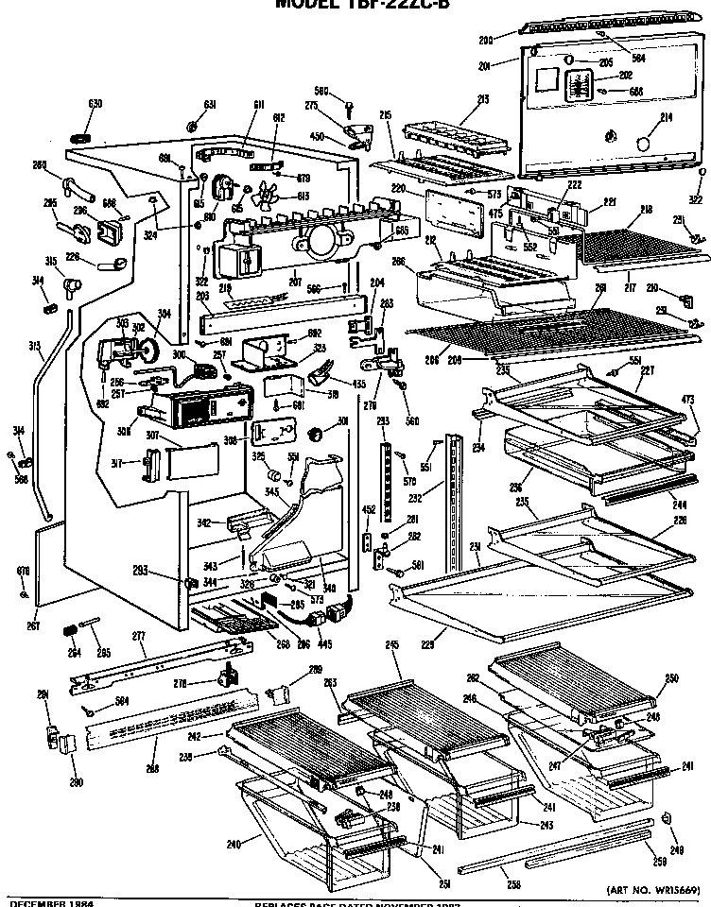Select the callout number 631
(x=210, y=104)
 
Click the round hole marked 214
(x=642, y=142)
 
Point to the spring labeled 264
(x=69, y=631)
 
